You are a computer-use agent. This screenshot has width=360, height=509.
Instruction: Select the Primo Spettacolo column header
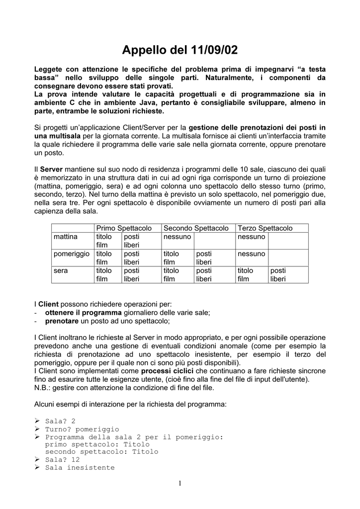click(124, 228)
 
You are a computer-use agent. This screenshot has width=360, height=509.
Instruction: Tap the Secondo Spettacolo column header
click(196, 228)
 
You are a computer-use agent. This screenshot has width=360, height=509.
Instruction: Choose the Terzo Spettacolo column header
click(265, 228)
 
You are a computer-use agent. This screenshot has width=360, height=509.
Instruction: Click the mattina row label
click(66, 237)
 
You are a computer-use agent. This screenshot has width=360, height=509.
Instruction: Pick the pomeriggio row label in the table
click(72, 254)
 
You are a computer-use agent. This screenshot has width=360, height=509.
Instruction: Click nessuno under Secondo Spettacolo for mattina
click(177, 237)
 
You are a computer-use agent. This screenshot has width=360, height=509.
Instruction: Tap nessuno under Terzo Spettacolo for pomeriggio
click(252, 254)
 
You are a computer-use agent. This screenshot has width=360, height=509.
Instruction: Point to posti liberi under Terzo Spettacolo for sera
click(278, 274)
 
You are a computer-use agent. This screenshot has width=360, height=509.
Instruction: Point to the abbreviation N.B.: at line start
click(43, 388)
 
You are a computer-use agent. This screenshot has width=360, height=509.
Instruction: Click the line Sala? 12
click(62, 460)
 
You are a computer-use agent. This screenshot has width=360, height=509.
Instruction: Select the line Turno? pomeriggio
click(82, 428)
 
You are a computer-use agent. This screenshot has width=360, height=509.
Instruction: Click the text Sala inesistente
click(80, 468)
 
